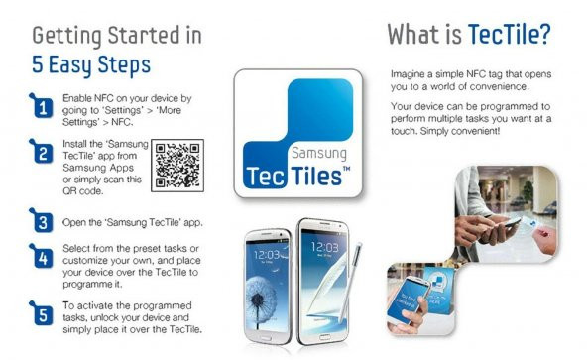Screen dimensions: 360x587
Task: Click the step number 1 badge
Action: point(43,108)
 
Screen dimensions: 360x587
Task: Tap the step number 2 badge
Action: point(43,155)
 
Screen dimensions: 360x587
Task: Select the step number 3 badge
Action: point(43,221)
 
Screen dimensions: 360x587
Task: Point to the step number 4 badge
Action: point(43,261)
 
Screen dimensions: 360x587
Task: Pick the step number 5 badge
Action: point(43,315)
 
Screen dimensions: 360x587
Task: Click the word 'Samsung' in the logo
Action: point(318,155)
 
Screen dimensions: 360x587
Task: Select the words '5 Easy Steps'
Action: point(91,65)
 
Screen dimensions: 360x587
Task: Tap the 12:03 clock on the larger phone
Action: point(322,246)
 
